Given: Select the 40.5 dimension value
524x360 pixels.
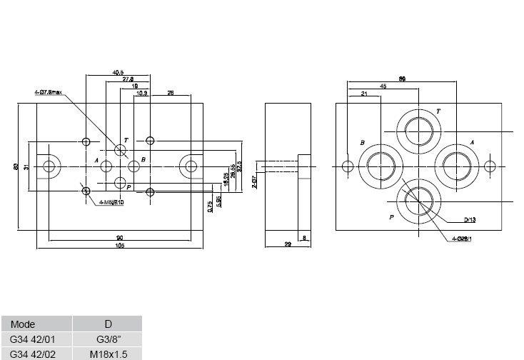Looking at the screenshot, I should tap(119, 72).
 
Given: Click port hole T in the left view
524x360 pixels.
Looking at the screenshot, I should tap(120, 150).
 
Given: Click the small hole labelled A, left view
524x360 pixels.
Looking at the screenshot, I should tap(106, 166).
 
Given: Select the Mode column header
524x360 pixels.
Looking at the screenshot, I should tap(23, 324).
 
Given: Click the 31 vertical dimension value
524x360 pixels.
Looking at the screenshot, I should tap(26, 166).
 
